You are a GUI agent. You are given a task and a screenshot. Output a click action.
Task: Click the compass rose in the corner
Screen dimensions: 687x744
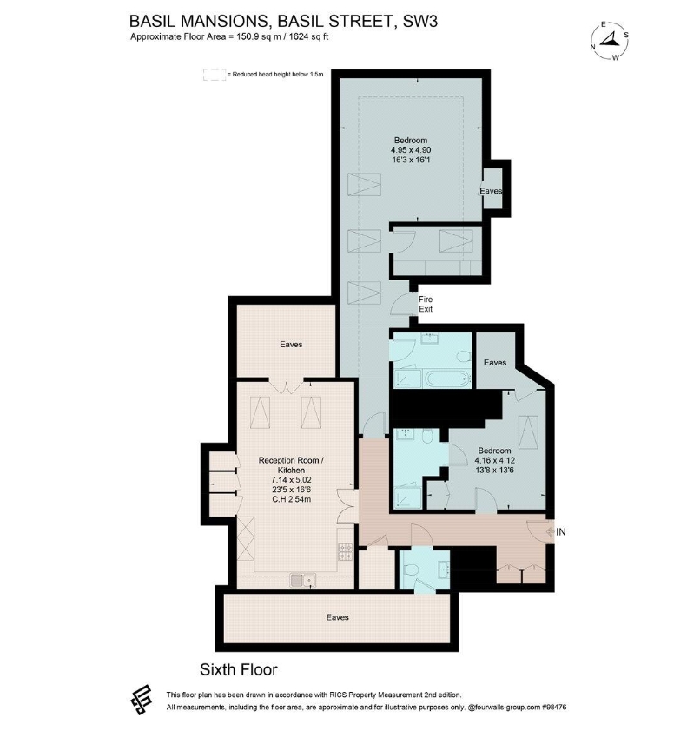[x=611, y=41]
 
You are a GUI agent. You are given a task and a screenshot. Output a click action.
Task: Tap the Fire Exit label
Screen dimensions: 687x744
[x=426, y=304]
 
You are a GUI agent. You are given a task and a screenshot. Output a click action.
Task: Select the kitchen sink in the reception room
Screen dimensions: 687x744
[x=303, y=580]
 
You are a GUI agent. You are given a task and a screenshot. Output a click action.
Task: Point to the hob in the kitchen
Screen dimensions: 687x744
[x=345, y=551]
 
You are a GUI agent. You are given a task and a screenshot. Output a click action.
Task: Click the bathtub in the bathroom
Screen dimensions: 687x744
[x=447, y=379]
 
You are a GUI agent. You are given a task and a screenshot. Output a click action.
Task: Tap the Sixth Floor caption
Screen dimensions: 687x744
[x=238, y=669]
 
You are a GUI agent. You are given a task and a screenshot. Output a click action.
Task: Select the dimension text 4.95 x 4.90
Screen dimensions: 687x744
[x=411, y=150]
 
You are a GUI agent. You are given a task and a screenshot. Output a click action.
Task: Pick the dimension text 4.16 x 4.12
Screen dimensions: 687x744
[x=495, y=460]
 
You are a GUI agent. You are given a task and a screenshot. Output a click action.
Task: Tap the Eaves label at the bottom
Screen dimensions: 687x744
[x=338, y=617]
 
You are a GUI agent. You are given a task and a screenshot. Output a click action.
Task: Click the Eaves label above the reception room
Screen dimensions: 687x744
[x=291, y=345]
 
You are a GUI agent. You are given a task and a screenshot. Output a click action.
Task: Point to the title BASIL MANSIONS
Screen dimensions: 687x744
[x=198, y=22]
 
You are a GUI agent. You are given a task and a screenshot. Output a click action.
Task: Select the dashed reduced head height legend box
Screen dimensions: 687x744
[x=215, y=75]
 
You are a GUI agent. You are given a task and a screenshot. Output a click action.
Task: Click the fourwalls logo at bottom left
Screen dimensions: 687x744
[x=142, y=700]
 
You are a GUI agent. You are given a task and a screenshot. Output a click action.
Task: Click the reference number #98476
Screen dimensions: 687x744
[x=554, y=707]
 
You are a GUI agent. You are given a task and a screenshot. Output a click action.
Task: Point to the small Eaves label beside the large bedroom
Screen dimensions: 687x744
[x=491, y=191]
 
